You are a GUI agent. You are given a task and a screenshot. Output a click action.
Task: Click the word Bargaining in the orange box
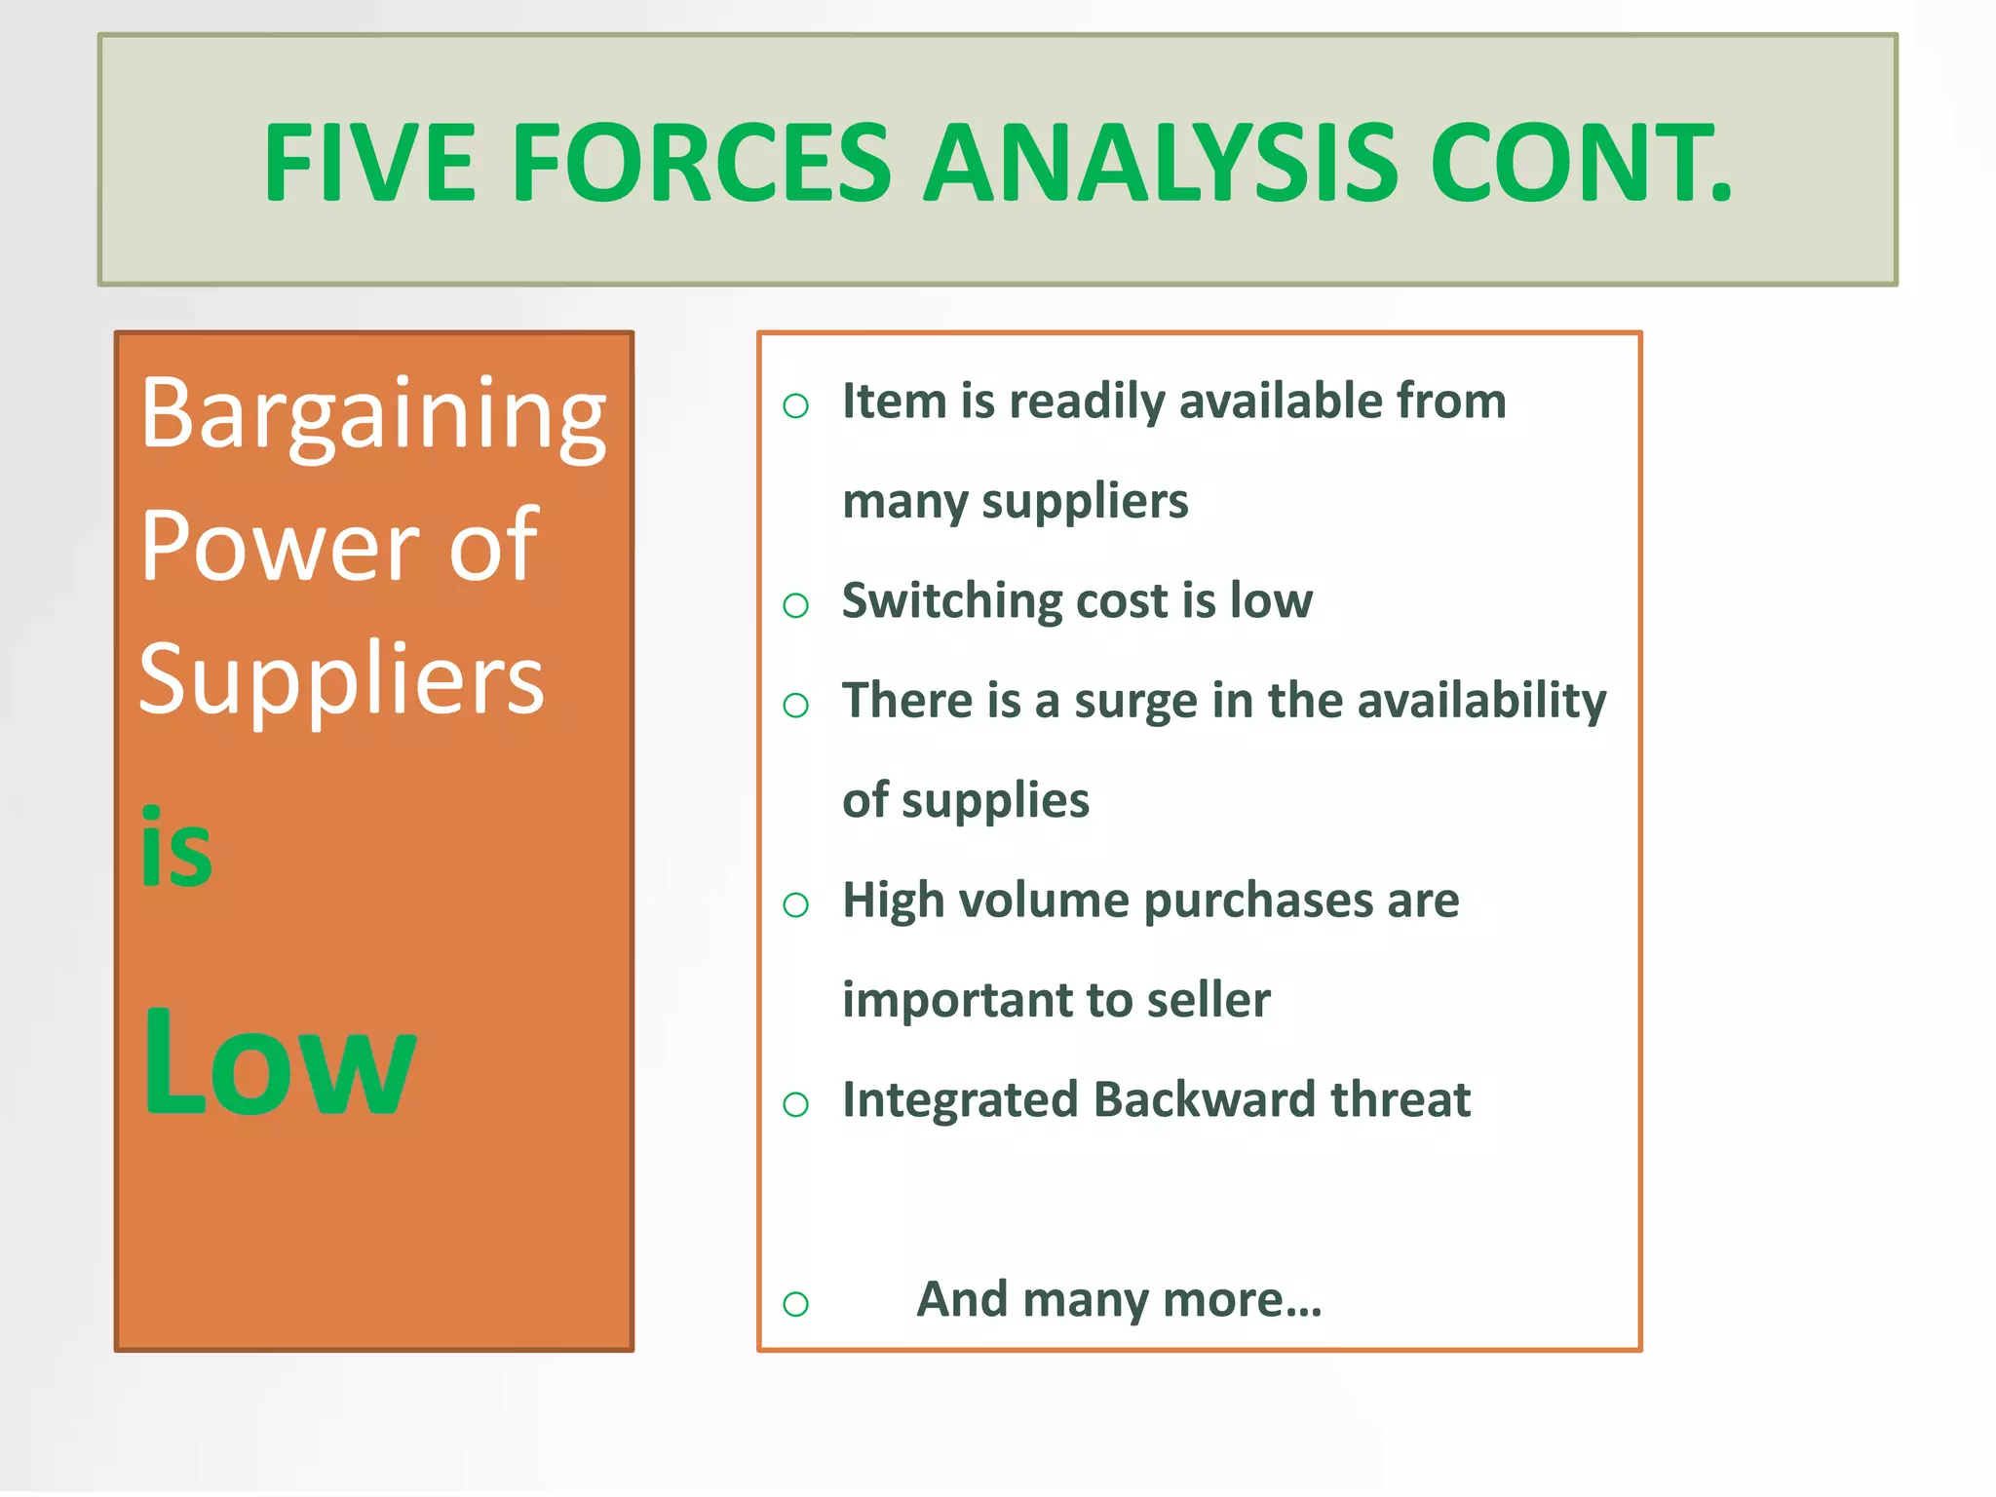click(x=373, y=416)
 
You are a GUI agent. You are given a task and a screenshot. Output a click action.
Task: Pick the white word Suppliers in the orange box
click(x=341, y=679)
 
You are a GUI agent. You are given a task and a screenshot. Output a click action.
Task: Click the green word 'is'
click(x=175, y=849)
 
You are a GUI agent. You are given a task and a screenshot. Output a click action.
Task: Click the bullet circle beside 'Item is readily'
click(x=796, y=405)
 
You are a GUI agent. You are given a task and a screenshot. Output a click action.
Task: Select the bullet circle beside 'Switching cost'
click(x=796, y=605)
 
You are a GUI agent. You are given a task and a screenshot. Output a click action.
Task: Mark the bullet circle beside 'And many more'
click(x=796, y=1303)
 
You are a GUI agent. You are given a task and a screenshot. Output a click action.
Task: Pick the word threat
click(x=1401, y=1099)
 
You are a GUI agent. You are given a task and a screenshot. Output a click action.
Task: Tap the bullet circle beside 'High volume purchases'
click(x=796, y=905)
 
